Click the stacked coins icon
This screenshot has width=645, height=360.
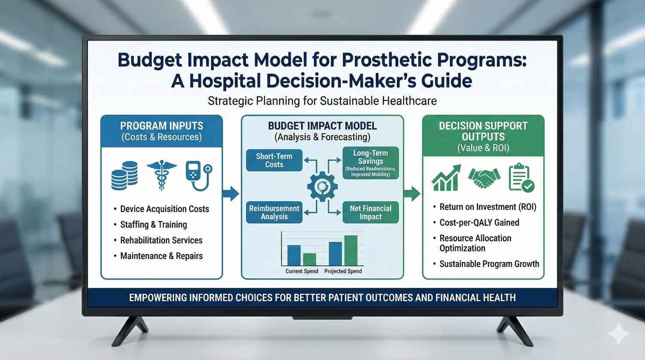pos(124,176)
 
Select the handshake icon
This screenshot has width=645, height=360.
pos(484,178)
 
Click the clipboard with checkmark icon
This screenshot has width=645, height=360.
pos(521,178)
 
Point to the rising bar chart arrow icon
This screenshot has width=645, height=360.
pos(446,178)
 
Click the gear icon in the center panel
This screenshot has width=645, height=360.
pos(322,186)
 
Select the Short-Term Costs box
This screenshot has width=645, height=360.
pos(274,160)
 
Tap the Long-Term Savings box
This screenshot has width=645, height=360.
pos(370,163)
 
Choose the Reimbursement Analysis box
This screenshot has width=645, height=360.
pos(274,212)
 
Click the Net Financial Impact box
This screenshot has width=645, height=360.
pos(370,212)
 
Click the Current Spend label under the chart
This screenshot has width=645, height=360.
pos(301,271)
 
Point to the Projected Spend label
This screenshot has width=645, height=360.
pos(343,271)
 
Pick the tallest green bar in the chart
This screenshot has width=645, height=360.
pos(351,250)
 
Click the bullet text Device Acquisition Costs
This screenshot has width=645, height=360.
pos(164,209)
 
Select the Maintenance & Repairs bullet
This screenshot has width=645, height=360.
pos(161,256)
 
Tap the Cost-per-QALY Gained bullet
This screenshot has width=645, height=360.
pos(479,222)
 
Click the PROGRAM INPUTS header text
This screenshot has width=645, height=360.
pos(162,126)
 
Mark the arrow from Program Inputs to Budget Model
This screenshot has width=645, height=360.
pos(231,194)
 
